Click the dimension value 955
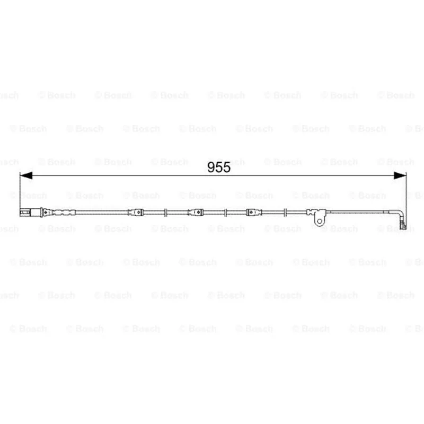[219, 167]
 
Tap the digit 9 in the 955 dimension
[211, 167]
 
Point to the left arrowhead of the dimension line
[26, 175]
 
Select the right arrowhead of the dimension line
[400, 175]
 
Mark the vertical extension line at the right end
[406, 200]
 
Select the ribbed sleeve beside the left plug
[64, 213]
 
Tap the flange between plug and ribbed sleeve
[41, 213]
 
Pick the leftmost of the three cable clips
[136, 213]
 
